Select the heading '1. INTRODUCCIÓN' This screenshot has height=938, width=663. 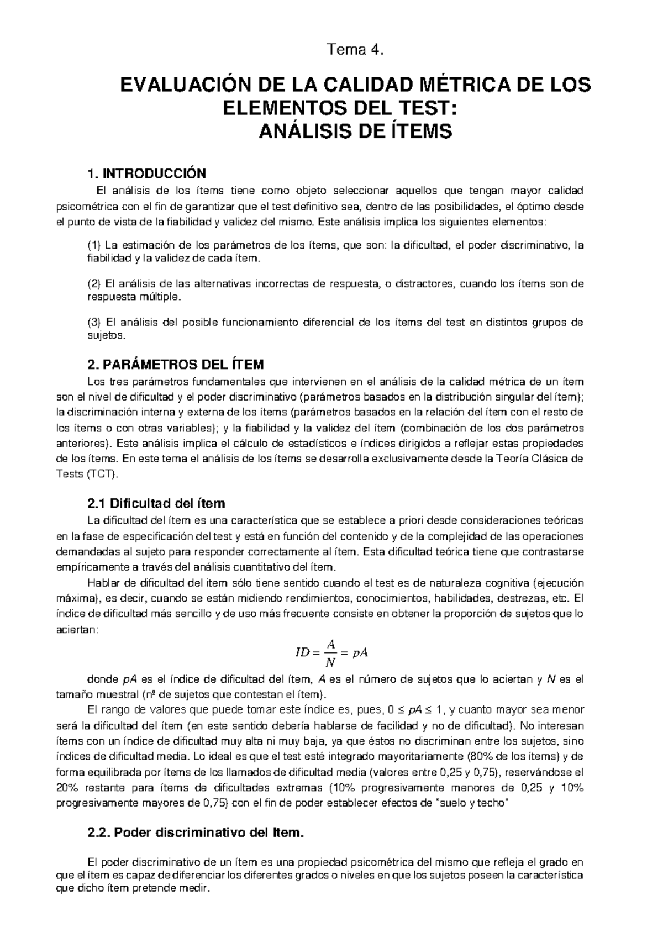point(146,173)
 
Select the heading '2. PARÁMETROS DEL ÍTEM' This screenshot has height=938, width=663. point(176,365)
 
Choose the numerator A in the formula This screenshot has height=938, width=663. point(330,644)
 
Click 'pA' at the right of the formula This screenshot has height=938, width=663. point(360,653)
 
